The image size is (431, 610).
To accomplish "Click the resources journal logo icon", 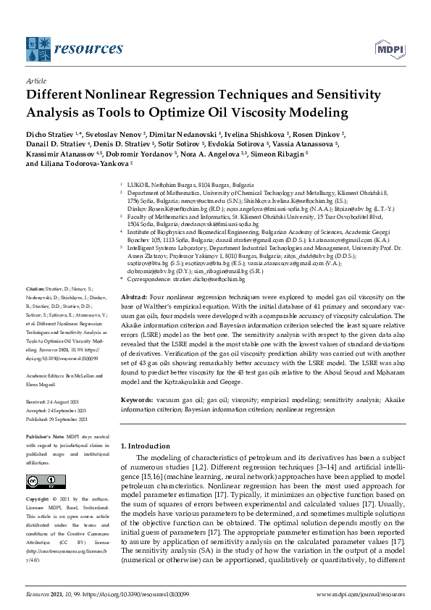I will (x=38, y=49).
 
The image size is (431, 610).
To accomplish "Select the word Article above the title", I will (x=35, y=81).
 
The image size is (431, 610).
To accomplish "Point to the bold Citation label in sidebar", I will (x=35, y=289).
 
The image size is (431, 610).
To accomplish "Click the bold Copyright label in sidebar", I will (x=39, y=499).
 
